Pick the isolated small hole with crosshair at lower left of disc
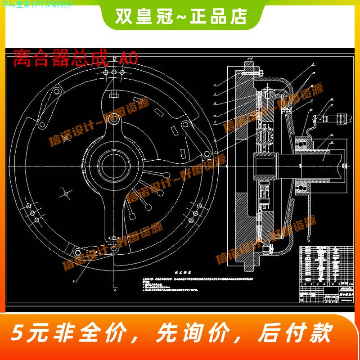(66, 193)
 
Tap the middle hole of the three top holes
(112, 73)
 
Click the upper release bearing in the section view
(302, 144)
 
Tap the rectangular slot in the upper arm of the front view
(113, 94)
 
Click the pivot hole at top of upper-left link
(57, 93)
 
